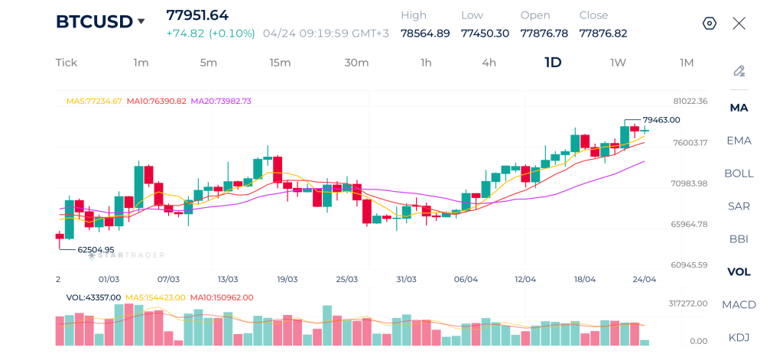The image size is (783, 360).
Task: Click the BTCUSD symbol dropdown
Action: coord(100,22)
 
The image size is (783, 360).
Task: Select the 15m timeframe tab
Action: coord(280,63)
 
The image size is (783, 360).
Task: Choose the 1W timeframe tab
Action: coord(618,63)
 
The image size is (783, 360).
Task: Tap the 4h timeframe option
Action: coord(489,63)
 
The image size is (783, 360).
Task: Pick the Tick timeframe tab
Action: coord(67,63)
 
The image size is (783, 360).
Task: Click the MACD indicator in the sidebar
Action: coord(739,305)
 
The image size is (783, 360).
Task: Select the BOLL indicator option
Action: coord(739,174)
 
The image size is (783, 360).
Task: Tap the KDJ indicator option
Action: coord(739,338)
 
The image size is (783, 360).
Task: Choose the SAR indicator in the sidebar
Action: coord(739,206)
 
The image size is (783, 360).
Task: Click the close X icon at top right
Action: coord(739,23)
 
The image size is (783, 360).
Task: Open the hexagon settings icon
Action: coord(710,23)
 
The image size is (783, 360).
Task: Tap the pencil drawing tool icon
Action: coord(739,71)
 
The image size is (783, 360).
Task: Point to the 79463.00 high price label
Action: coord(661,120)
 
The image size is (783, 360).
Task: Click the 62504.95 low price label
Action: coord(96,249)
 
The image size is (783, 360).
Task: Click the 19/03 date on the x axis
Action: coord(288,280)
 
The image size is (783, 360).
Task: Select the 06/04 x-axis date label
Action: coord(466,280)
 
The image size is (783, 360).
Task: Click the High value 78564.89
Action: coord(425,33)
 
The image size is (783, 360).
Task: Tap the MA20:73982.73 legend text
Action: coord(221,101)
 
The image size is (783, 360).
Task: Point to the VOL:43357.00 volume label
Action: coord(93,297)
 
